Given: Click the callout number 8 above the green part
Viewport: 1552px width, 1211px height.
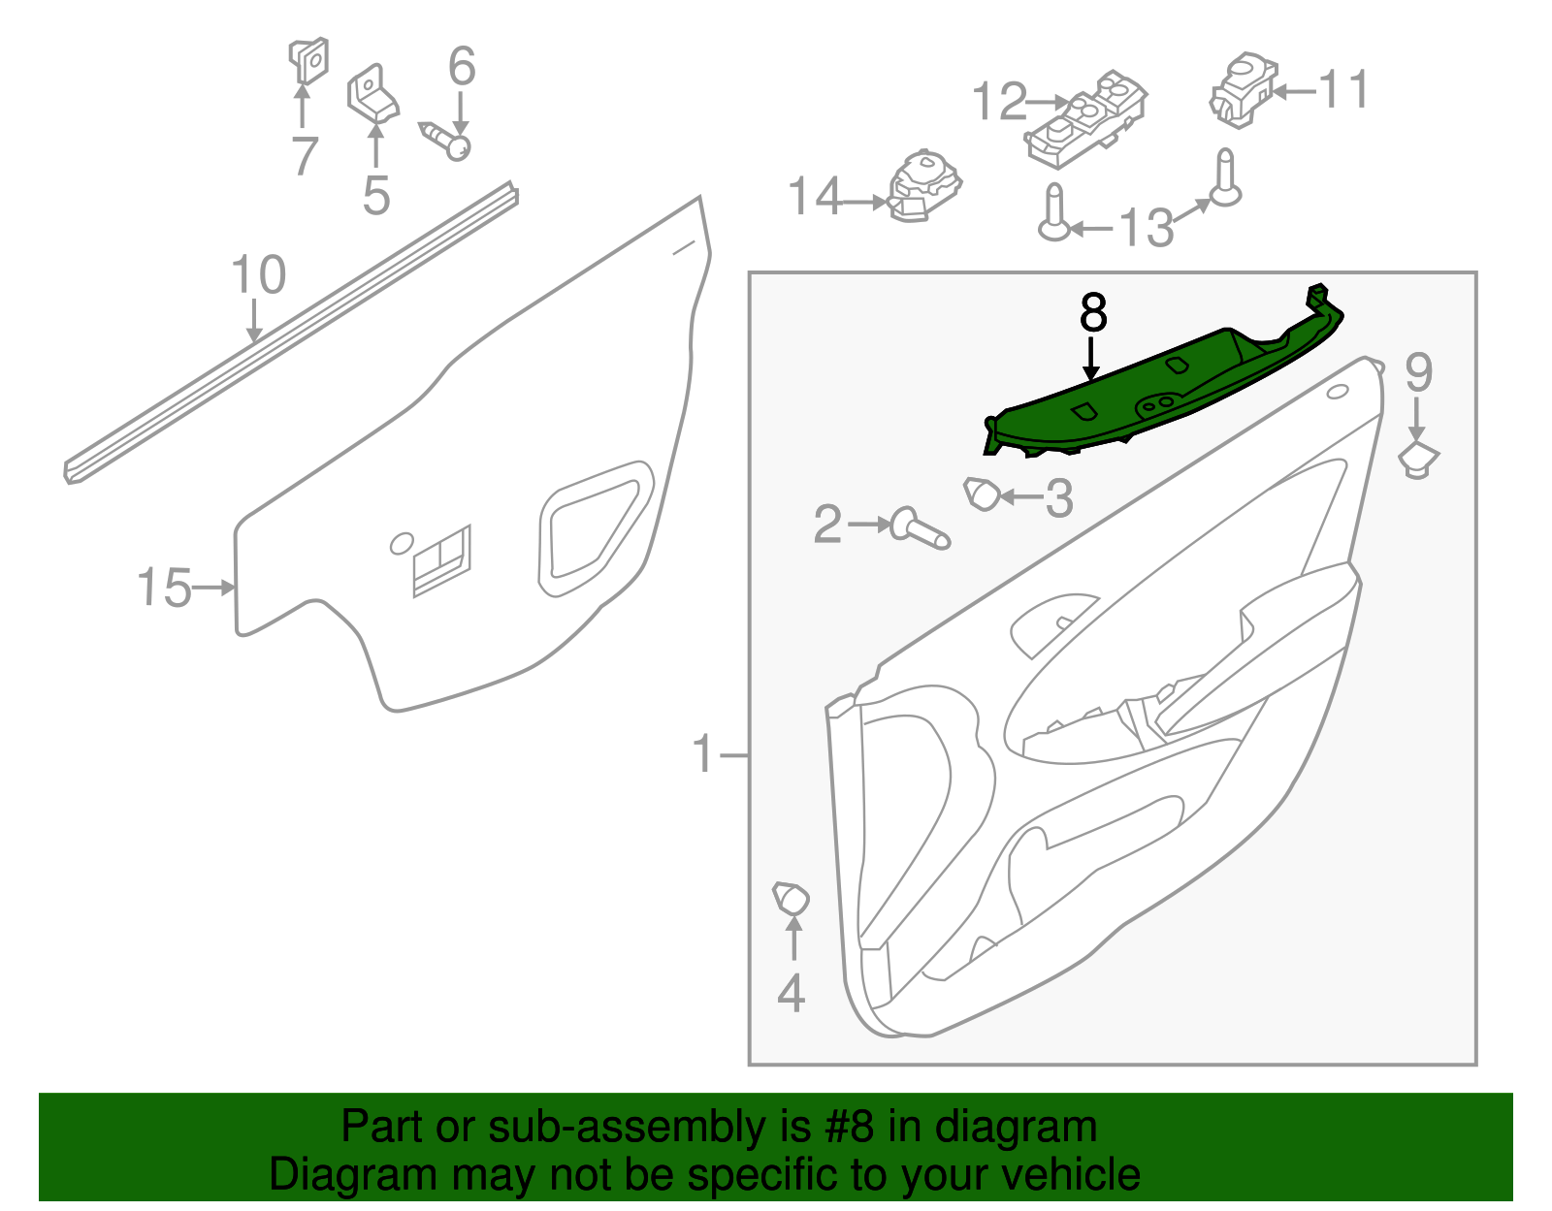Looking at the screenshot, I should coord(1092,314).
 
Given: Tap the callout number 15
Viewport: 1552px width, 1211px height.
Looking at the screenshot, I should coord(164,588).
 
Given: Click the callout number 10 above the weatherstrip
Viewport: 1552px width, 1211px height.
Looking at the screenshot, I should coord(258,275).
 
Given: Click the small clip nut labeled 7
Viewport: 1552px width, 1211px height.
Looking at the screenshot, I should coord(308,61).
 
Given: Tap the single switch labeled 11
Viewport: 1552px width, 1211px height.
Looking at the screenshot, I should coord(1242,89).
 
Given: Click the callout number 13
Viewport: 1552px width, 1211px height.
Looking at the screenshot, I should coord(1146,228).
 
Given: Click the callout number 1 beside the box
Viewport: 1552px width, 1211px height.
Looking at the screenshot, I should coord(703,753).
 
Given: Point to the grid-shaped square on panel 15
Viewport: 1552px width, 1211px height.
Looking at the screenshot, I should coord(442,561).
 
